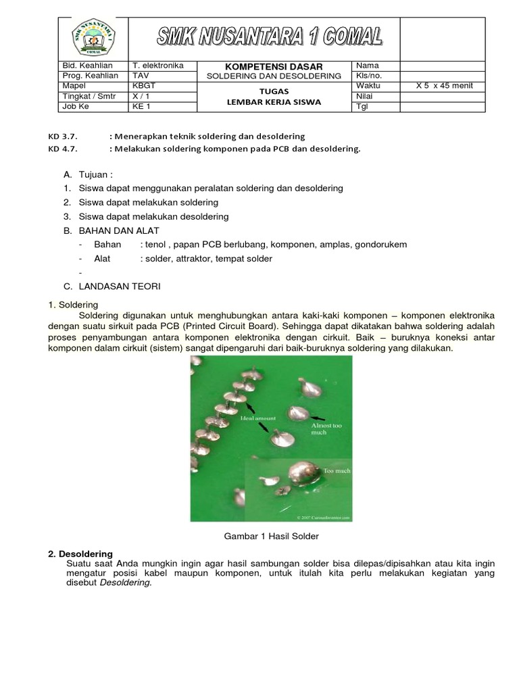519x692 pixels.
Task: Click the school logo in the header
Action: pyautogui.click(x=95, y=38)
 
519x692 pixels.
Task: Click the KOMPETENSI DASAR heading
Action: pyautogui.click(x=273, y=66)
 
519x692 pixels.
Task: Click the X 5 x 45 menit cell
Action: pyautogui.click(x=444, y=86)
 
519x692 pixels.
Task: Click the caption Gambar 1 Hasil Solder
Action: pyautogui.click(x=270, y=536)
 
